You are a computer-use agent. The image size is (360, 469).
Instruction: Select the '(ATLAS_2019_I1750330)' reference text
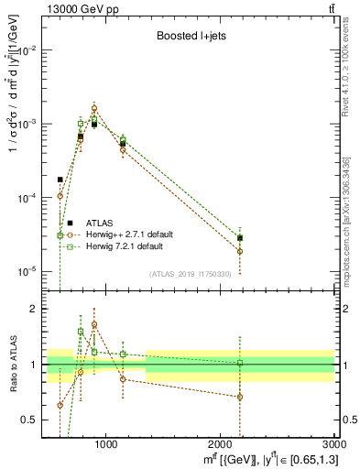[190, 274]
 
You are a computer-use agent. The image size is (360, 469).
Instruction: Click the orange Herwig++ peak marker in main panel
[94, 108]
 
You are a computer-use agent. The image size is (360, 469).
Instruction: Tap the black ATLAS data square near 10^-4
[60, 180]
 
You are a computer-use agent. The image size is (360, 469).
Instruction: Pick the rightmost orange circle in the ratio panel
[240, 397]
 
